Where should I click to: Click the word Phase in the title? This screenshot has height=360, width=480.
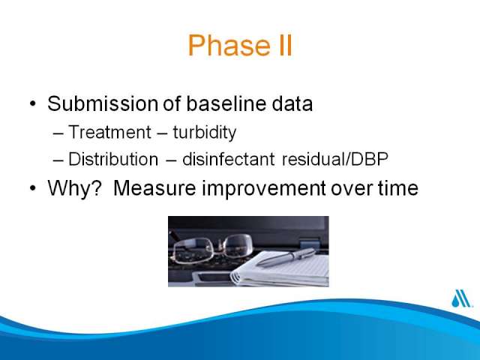tap(229, 45)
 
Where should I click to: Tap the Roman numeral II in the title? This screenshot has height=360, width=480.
tap(285, 45)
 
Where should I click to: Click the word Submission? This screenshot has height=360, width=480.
tap(103, 103)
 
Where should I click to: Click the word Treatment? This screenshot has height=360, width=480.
tap(109, 132)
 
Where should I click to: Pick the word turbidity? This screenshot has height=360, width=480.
tap(205, 133)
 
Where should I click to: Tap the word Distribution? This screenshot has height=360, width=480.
tap(113, 159)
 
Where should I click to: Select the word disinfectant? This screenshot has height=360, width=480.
tap(228, 159)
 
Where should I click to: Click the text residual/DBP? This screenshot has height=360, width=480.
tap(335, 159)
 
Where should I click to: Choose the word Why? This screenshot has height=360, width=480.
tap(74, 188)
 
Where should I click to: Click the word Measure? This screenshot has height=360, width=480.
tap(154, 187)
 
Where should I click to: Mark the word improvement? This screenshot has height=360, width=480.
tap(263, 188)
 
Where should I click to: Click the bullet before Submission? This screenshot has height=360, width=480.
tap(33, 103)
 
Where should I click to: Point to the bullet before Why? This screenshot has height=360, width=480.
tap(33, 188)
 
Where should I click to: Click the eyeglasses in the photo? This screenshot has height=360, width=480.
tap(212, 248)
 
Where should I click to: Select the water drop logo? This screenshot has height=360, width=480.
tap(461, 298)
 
